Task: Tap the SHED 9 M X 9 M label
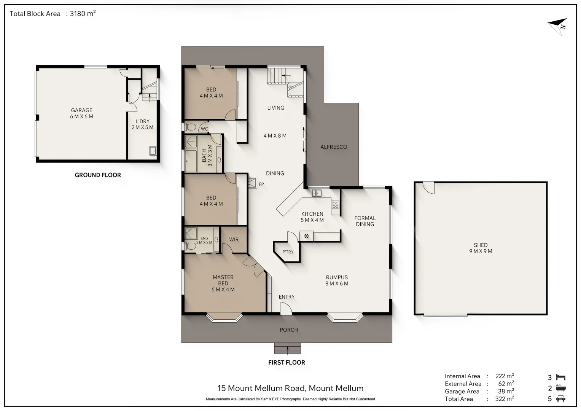click(481, 248)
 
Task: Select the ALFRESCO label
click(334, 147)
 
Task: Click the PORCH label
click(289, 330)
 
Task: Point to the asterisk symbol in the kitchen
click(306, 236)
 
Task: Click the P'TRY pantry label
click(288, 252)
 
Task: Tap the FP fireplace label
click(261, 184)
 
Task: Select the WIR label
click(234, 239)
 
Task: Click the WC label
click(204, 129)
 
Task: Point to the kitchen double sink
click(317, 193)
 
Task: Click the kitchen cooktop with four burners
click(335, 205)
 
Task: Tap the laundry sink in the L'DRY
click(153, 151)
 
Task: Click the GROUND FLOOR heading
click(98, 175)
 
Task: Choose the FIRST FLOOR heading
click(287, 362)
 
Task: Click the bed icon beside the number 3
click(561, 377)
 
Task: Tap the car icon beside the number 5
click(561, 398)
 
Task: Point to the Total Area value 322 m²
click(505, 398)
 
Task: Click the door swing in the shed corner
click(428, 188)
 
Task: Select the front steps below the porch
click(287, 348)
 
